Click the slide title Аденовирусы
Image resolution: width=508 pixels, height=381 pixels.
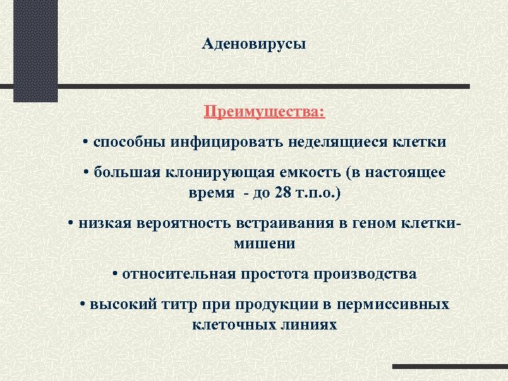coord(254,44)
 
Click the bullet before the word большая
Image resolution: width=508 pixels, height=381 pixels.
coord(85,173)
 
